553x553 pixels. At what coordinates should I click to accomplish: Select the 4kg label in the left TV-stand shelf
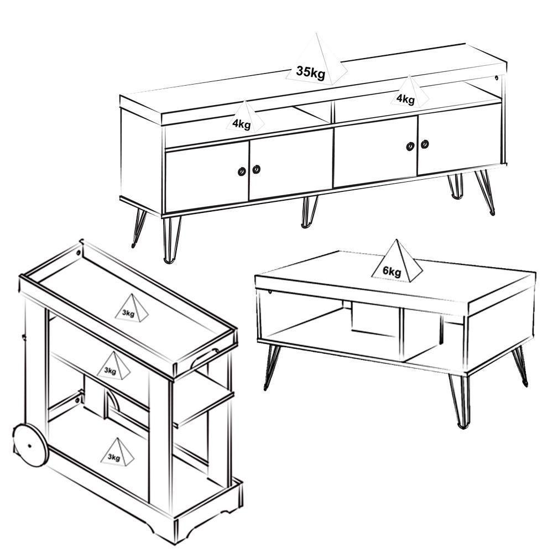click(x=242, y=124)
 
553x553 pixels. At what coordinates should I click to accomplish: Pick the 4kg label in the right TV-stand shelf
click(x=405, y=99)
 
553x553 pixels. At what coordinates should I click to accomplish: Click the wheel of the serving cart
click(x=30, y=446)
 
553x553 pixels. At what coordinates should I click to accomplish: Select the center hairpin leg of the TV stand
click(x=309, y=212)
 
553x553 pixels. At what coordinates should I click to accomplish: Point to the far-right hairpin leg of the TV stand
click(x=484, y=192)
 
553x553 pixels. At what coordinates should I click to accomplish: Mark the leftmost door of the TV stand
click(x=207, y=177)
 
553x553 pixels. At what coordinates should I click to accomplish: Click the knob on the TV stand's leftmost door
click(x=242, y=171)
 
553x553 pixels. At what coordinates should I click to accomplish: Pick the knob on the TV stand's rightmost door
click(x=425, y=144)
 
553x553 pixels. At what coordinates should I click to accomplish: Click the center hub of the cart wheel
click(x=30, y=446)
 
